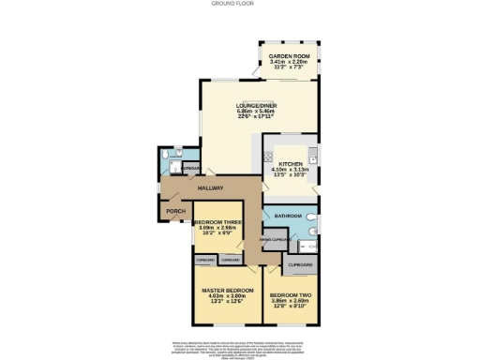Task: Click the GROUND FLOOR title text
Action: coord(240,4)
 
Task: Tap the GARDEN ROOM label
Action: coord(288,56)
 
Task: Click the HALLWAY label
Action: coord(210,189)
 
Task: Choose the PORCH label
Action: coord(175,212)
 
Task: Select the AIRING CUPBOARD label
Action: coord(273,240)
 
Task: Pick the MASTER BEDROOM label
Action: coord(228,291)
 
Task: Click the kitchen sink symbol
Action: coord(317,156)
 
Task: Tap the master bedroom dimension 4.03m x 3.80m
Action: coord(228,296)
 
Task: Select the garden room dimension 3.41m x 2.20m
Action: coord(288,62)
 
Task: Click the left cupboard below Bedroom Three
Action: coord(204,259)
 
